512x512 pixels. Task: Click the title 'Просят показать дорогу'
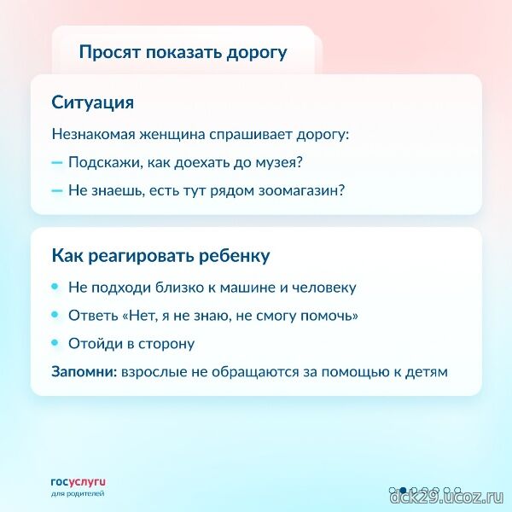[183, 53]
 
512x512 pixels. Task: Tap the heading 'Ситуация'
[93, 103]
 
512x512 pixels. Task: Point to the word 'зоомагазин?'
[301, 190]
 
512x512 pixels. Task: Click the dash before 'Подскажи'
[57, 162]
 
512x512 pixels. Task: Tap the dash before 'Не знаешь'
[57, 190]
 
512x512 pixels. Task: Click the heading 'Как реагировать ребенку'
[160, 256]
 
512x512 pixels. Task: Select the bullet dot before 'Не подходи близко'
[55, 287]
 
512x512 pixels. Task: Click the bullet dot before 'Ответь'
[55, 314]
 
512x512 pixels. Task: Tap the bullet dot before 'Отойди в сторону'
[55, 342]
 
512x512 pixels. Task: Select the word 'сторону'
[166, 344]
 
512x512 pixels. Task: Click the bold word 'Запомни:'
[84, 372]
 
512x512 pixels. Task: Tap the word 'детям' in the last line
[427, 372]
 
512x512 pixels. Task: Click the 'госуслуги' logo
[79, 483]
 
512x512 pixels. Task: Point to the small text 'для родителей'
[78, 493]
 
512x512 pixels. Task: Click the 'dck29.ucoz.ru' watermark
[446, 498]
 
